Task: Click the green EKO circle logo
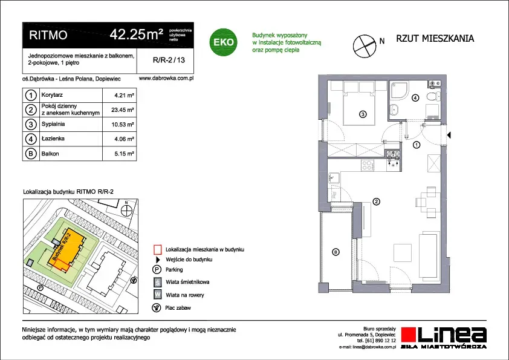(x=223, y=42)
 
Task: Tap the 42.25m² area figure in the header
(x=137, y=34)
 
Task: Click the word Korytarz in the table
(x=52, y=95)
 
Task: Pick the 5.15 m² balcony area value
(x=125, y=154)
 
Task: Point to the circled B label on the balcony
(x=336, y=252)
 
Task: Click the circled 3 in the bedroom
(x=363, y=114)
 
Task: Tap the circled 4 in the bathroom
(x=415, y=97)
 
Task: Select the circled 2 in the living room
(x=376, y=201)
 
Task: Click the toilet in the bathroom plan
(x=433, y=97)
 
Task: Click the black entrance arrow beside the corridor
(x=449, y=135)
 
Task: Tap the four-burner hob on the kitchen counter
(x=368, y=165)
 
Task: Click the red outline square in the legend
(x=157, y=249)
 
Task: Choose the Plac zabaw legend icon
(x=157, y=308)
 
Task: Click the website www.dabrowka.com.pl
(x=166, y=78)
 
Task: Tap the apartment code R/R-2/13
(x=169, y=60)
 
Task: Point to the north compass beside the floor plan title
(x=365, y=46)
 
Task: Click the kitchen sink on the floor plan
(x=333, y=178)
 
